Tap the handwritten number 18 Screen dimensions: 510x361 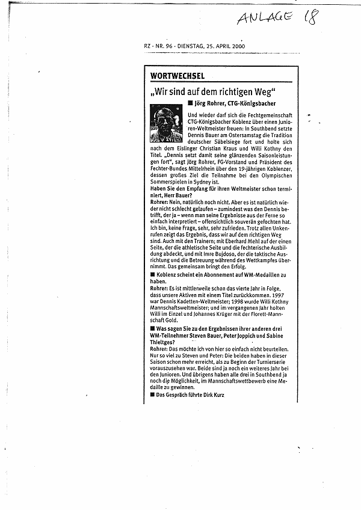click(x=311, y=17)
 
